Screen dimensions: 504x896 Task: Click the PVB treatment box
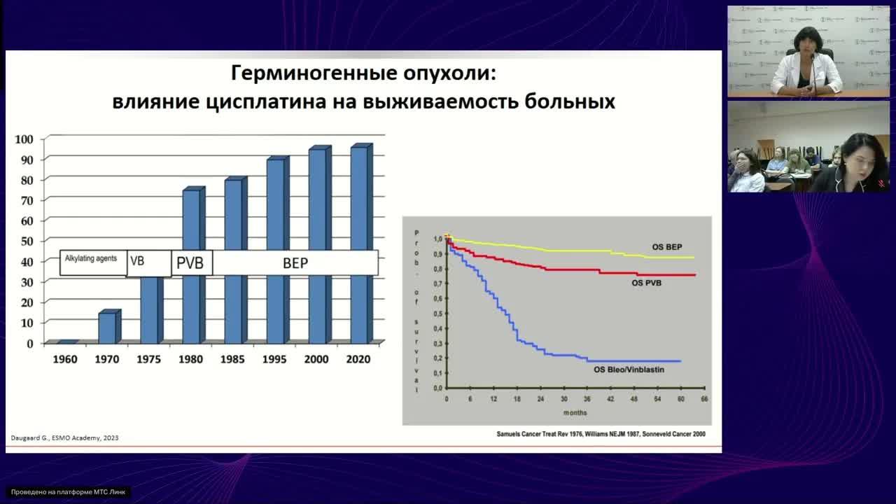click(x=190, y=263)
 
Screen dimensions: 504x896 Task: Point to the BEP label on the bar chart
click(x=295, y=263)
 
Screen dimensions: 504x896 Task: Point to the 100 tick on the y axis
click(x=24, y=139)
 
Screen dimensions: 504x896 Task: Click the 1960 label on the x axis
click(x=65, y=359)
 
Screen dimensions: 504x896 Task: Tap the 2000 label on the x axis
click(x=316, y=359)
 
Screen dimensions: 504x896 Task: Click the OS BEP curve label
click(x=666, y=247)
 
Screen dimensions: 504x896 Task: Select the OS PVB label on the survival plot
click(x=646, y=283)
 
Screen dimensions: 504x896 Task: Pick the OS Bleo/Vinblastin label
click(x=629, y=370)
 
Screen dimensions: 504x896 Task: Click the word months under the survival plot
click(x=575, y=412)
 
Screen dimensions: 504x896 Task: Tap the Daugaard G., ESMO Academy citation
click(x=64, y=438)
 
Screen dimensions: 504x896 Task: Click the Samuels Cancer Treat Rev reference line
click(x=601, y=434)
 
